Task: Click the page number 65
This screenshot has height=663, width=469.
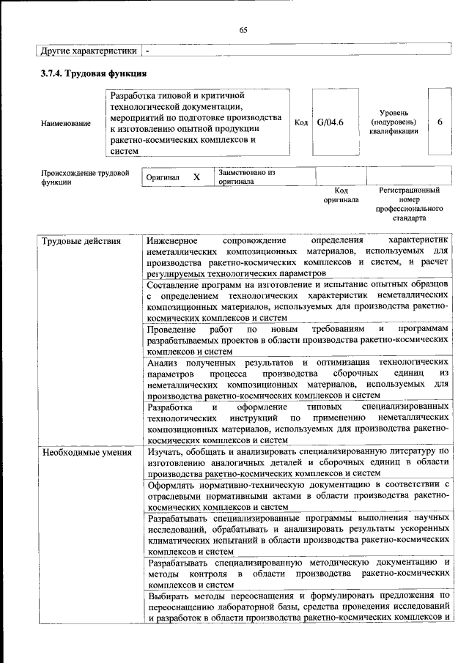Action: click(x=243, y=30)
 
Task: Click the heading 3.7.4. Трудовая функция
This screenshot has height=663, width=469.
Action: click(x=95, y=74)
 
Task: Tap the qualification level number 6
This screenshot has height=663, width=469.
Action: click(x=440, y=122)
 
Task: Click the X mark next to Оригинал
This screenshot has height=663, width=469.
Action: click(x=196, y=177)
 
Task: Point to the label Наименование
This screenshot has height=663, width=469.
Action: click(x=67, y=123)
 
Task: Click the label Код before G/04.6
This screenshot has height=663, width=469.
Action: click(x=300, y=122)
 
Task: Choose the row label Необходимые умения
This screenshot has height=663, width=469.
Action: click(x=81, y=452)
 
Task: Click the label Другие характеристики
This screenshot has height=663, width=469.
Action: click(x=89, y=51)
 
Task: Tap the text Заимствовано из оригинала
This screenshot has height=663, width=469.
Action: click(x=246, y=177)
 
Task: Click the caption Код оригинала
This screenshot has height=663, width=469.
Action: click(x=341, y=195)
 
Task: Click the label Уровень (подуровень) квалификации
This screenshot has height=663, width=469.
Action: click(x=399, y=122)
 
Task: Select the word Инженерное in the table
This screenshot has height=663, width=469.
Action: click(x=172, y=240)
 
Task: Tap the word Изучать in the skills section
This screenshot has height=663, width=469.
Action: click(x=165, y=452)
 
